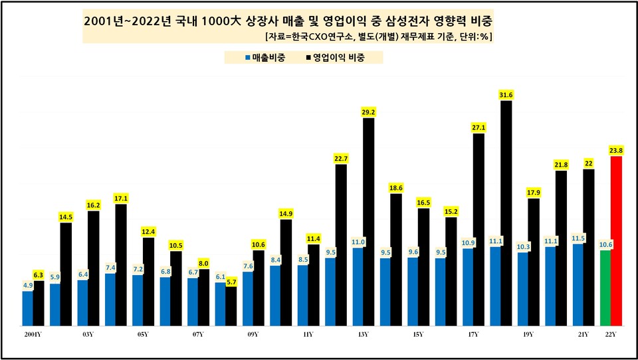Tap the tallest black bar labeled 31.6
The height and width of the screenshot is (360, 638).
tap(506, 213)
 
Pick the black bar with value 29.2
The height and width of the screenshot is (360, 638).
tap(368, 222)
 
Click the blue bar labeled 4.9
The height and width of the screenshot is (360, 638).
tap(28, 308)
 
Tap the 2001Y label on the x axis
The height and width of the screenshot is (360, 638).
tap(33, 335)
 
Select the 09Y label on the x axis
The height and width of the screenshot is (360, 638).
tap(253, 335)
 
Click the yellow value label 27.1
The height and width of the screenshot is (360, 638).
tap(478, 127)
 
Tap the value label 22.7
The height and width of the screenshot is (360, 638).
tap(341, 157)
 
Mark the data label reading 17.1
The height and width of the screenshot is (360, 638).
tap(121, 198)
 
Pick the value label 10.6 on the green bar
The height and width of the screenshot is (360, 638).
tap(605, 244)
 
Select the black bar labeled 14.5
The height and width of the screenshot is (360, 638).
tap(66, 274)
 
